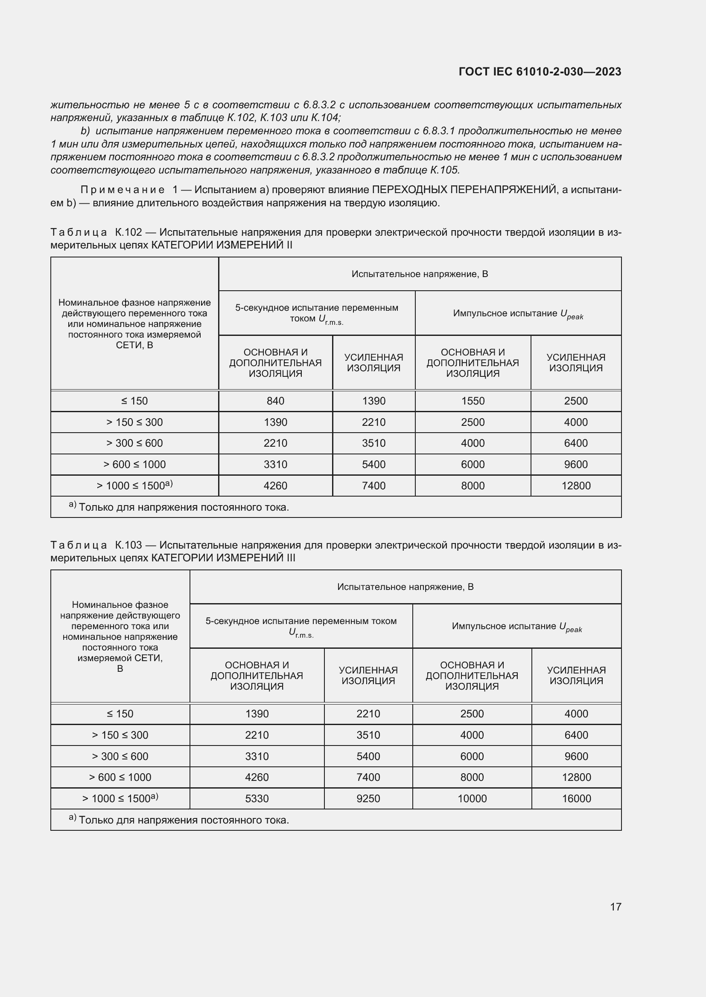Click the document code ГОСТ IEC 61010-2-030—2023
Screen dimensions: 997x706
click(540, 72)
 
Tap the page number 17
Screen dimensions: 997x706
click(616, 907)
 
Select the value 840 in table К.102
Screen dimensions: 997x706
click(275, 401)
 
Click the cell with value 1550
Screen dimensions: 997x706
click(473, 401)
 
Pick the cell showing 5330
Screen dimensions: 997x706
click(257, 798)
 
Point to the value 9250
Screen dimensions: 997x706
click(368, 798)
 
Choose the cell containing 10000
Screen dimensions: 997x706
click(472, 798)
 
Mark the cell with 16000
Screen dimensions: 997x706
click(576, 798)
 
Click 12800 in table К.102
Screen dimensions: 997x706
click(575, 485)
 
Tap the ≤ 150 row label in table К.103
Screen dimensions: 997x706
click(120, 714)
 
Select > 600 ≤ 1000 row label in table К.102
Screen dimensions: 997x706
click(134, 464)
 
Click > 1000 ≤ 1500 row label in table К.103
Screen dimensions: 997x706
click(120, 798)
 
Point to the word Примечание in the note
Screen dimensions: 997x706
click(123, 190)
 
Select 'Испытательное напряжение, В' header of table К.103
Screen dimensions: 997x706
click(405, 587)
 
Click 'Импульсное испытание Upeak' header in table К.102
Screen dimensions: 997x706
click(518, 314)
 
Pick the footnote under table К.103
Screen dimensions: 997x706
click(179, 820)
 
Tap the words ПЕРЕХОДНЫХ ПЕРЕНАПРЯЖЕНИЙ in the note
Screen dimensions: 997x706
click(464, 190)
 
